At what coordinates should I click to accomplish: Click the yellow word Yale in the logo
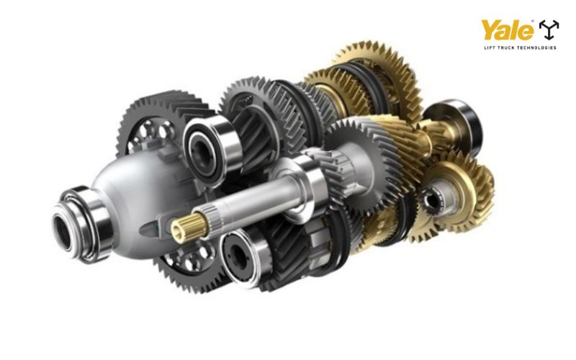click(x=507, y=30)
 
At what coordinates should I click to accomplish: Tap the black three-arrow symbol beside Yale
click(x=549, y=30)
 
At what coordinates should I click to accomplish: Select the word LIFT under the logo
click(x=489, y=48)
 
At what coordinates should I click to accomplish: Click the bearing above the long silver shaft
click(x=210, y=150)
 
